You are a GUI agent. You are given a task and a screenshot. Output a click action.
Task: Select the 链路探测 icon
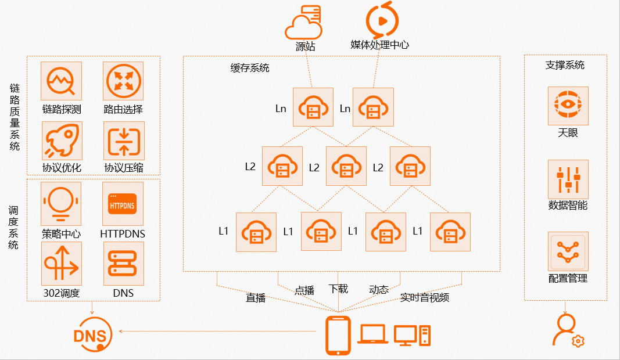click(x=61, y=81)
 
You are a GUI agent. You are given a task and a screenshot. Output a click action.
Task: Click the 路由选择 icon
click(x=123, y=81)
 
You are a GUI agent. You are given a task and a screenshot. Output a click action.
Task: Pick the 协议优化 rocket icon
click(x=62, y=141)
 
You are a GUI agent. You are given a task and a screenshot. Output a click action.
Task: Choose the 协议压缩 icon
click(x=123, y=141)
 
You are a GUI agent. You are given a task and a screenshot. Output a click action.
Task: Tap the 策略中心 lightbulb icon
click(x=61, y=204)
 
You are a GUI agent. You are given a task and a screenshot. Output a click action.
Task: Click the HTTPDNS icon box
click(x=123, y=204)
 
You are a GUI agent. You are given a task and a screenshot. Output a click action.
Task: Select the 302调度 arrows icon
click(x=62, y=263)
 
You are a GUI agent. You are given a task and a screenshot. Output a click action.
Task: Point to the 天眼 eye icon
click(x=568, y=106)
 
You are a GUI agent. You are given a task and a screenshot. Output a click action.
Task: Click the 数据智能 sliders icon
click(x=568, y=179)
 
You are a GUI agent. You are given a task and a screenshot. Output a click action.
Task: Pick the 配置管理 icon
click(x=568, y=251)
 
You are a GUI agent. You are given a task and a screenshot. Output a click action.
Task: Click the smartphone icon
click(x=338, y=335)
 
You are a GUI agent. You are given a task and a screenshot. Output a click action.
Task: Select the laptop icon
click(x=372, y=334)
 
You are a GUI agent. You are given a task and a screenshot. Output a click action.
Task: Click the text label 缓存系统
click(x=250, y=67)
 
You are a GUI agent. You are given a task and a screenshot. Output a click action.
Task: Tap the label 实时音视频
click(x=424, y=298)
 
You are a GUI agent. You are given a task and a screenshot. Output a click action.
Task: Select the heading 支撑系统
click(x=565, y=65)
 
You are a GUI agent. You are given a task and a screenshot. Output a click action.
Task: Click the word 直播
click(x=256, y=298)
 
